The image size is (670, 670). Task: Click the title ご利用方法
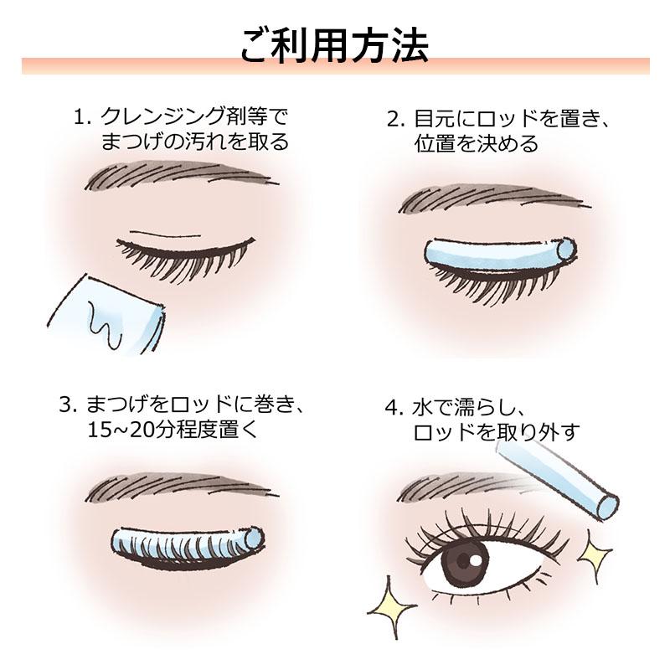tap(334, 46)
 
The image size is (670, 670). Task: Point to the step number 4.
tap(391, 408)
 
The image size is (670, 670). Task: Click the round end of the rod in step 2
tap(566, 248)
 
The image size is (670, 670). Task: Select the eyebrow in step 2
tap(486, 199)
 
